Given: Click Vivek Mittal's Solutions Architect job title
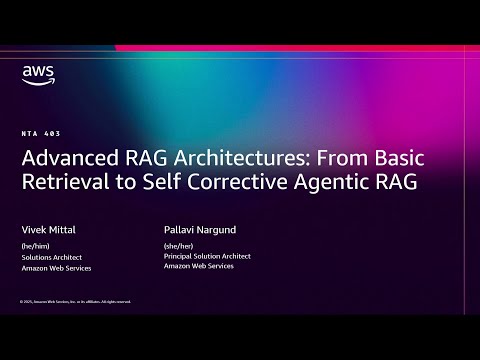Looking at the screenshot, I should pyautogui.click(x=50, y=256).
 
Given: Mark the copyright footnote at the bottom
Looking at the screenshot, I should pyautogui.click(x=75, y=301).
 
